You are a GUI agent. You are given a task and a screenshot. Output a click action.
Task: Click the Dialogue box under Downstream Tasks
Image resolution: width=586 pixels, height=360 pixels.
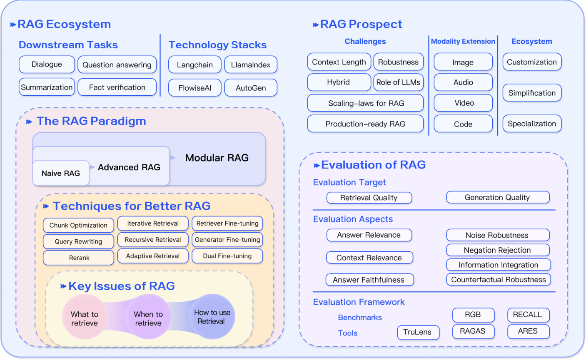pos(47,65)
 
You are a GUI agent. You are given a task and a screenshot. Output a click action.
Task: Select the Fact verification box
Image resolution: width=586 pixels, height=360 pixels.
pos(117,87)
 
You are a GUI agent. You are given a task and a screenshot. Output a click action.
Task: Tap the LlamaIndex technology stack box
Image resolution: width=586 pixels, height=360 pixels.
pos(251,65)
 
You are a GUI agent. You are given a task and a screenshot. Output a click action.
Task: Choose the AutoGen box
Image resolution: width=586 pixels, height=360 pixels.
pos(251,88)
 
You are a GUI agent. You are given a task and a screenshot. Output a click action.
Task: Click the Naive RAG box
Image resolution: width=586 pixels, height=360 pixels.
pos(61,173)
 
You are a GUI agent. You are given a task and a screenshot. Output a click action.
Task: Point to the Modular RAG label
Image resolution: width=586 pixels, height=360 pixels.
pos(217,158)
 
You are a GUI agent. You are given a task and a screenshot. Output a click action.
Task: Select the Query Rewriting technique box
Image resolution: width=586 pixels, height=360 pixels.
pos(78,241)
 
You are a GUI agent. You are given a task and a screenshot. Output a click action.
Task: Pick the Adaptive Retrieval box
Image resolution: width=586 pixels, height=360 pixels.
pos(153,256)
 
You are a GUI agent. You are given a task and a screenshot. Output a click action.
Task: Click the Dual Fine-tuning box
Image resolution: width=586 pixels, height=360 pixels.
pos(227,256)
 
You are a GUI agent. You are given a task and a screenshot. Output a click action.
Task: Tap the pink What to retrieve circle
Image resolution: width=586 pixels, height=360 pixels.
pos(85,319)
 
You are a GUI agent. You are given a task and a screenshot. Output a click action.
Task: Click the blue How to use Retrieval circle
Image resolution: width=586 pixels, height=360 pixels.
pos(212,317)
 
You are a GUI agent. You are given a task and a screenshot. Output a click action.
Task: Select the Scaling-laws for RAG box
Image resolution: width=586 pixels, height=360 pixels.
pos(365,103)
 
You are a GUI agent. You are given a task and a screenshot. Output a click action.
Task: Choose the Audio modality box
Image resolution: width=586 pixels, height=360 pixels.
pos(463,82)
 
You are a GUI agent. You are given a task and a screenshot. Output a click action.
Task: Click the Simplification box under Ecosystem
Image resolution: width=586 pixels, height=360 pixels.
pos(532,93)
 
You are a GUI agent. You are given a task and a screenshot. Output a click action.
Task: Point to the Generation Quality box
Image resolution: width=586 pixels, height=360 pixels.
pos(497,197)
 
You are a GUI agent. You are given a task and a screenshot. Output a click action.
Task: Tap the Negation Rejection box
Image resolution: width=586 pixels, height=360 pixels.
pos(497,250)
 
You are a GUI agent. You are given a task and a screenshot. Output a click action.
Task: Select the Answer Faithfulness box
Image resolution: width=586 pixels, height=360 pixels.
pos(369,280)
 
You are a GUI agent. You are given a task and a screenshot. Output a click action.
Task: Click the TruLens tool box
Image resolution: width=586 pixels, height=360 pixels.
pos(417,332)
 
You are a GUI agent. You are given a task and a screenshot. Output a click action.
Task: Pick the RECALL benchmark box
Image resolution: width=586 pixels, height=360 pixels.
pos(528,315)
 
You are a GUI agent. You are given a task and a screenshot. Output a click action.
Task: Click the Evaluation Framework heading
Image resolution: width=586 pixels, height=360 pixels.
pos(359,302)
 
